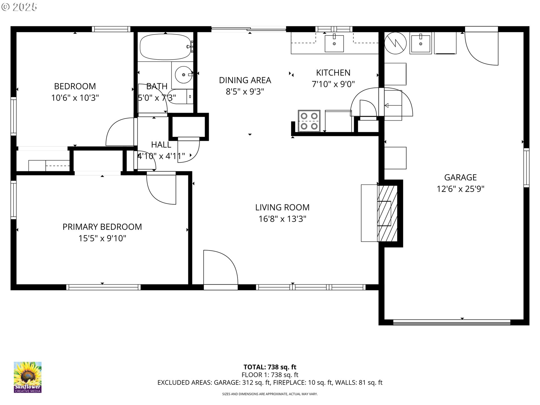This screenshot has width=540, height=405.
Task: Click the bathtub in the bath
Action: coord(166,47)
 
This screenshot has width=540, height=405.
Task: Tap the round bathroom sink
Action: coord(183,75)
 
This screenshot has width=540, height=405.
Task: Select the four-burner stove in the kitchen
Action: coord(309,121)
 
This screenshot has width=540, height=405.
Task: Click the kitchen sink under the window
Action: coord(334,43)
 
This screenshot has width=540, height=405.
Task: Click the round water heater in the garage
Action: coord(395,43)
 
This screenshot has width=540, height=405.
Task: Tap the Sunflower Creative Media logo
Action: coord(28,377)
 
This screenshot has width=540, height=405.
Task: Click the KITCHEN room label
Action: coord(333,73)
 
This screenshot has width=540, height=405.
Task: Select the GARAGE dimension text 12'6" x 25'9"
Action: coord(460,189)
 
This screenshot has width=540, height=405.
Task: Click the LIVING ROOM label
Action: coord(282,207)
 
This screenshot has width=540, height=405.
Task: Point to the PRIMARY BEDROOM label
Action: coord(102,227)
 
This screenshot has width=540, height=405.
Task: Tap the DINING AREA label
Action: coord(245,80)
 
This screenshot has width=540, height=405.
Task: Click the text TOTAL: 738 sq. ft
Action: coord(270,367)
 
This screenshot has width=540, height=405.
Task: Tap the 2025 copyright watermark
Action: coord(19,7)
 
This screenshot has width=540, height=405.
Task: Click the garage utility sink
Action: coord(421,43)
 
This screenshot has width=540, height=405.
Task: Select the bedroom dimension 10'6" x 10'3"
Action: coord(75,98)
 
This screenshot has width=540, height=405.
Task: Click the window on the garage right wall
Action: coord(526,168)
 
